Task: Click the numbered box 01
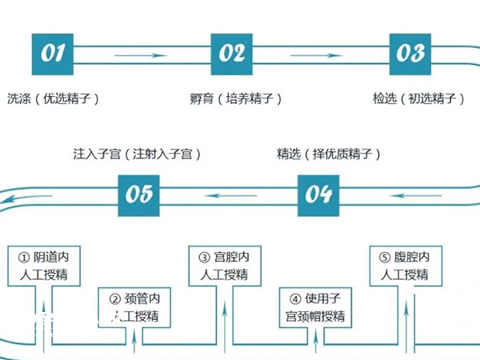(54, 53)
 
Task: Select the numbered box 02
(232, 53)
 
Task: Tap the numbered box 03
(410, 53)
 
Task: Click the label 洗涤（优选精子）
(53, 99)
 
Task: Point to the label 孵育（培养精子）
(232, 99)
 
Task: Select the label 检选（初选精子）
(418, 99)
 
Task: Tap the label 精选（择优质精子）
(328, 153)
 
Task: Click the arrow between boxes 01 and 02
(142, 54)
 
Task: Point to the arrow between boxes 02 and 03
(321, 54)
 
